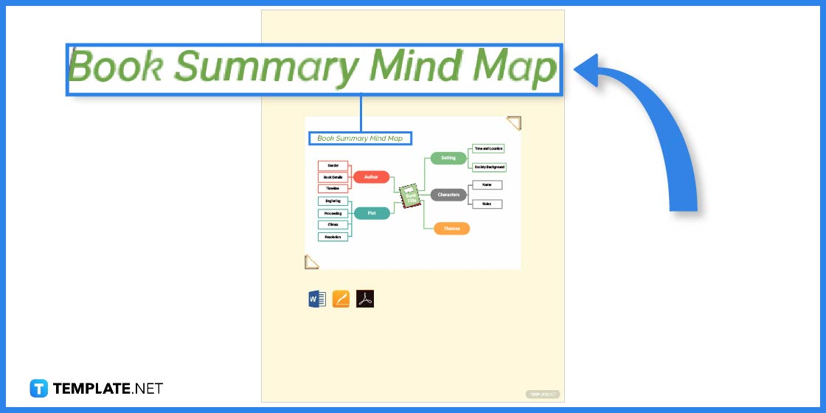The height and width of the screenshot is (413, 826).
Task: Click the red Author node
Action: pyautogui.click(x=371, y=177)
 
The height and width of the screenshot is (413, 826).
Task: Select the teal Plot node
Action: pyautogui.click(x=371, y=213)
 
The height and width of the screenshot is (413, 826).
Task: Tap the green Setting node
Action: pyautogui.click(x=448, y=158)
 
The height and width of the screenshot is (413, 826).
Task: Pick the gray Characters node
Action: pyautogui.click(x=448, y=195)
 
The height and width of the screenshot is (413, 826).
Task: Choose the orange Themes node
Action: pyautogui.click(x=451, y=229)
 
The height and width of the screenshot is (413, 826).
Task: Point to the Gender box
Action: pyautogui.click(x=333, y=165)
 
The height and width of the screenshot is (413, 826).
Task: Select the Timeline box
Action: pyautogui.click(x=333, y=188)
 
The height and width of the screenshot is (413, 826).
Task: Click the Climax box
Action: pyautogui.click(x=333, y=225)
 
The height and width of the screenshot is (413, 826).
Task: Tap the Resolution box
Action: pyautogui.click(x=333, y=237)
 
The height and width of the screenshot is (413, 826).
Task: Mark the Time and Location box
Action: pyautogui.click(x=488, y=149)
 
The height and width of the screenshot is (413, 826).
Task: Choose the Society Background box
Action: pyautogui.click(x=489, y=167)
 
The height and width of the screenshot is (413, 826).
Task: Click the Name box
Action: pyautogui.click(x=487, y=184)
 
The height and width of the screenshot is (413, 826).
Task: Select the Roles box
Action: pyautogui.click(x=487, y=204)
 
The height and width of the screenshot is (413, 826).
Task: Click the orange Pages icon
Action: pyautogui.click(x=341, y=299)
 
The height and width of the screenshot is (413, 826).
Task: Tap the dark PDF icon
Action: pyautogui.click(x=365, y=299)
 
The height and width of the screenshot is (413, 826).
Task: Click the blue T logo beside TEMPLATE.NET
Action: pyautogui.click(x=39, y=388)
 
